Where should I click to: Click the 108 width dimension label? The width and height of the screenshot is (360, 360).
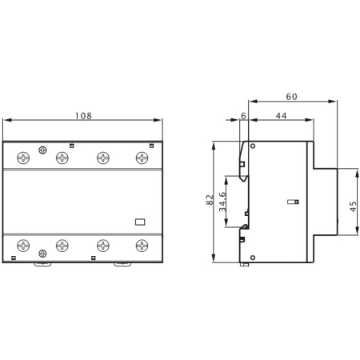tap(84, 115)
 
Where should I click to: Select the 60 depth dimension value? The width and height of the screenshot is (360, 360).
tap(291, 97)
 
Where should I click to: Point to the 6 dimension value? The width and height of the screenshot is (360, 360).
tap(243, 117)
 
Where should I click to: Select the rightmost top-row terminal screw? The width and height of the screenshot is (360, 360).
tap(142, 158)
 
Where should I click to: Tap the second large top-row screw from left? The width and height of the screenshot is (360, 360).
tap(62, 158)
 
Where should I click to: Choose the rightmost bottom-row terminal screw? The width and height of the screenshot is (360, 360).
tap(142, 246)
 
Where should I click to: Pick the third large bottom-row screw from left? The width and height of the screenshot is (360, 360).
tap(102, 246)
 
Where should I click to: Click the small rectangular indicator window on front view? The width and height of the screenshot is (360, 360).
tap(138, 223)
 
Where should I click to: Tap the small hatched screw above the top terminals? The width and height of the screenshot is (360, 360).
tap(42, 150)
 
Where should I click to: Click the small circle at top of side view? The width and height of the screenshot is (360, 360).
tap(254, 147)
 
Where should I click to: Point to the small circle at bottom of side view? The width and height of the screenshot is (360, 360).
tap(254, 257)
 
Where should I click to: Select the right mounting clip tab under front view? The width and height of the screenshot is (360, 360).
tap(122, 264)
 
